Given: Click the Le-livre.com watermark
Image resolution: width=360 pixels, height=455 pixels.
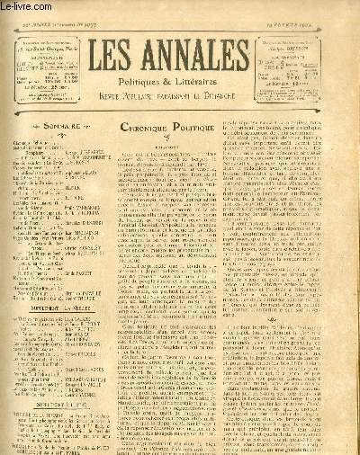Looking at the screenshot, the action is point(23,6).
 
